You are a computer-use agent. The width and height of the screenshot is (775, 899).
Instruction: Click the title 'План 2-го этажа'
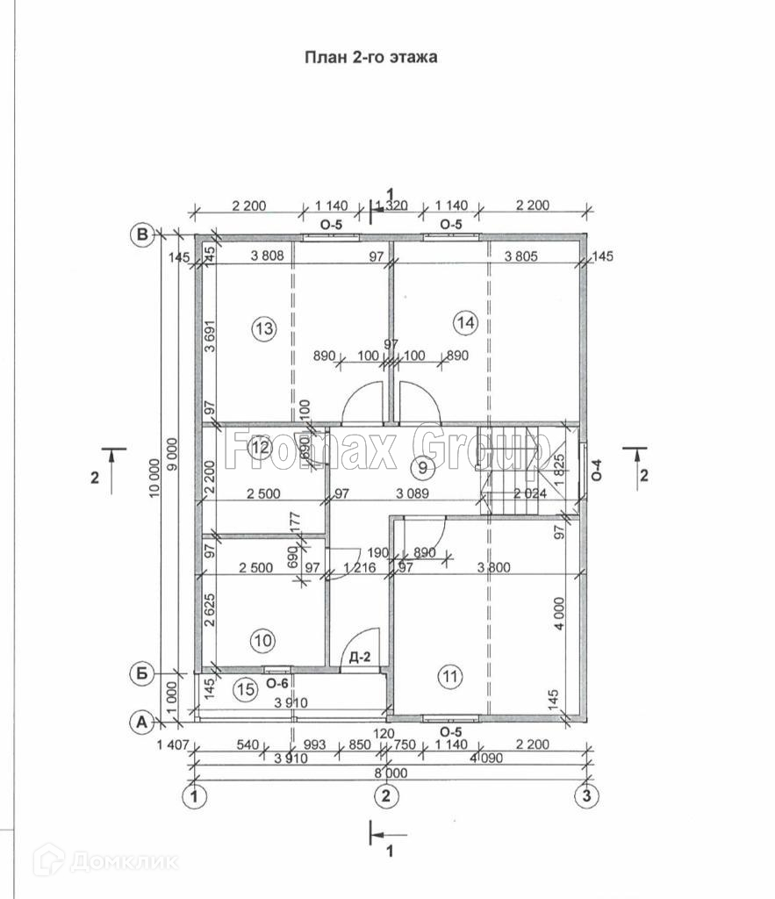[370, 58]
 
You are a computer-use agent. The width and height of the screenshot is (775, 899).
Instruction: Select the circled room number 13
[263, 329]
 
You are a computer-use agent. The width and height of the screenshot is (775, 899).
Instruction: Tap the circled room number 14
[466, 322]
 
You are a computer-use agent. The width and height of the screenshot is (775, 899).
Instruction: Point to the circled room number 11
[449, 676]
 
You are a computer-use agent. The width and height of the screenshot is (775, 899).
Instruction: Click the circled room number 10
[262, 641]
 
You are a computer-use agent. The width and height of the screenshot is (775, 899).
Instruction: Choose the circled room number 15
[248, 690]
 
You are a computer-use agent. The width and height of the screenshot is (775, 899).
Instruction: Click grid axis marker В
[140, 234]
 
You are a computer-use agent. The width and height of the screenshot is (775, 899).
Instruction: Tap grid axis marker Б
[140, 673]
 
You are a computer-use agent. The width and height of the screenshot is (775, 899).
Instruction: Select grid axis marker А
[140, 723]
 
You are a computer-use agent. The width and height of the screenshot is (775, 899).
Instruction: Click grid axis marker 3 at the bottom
[585, 796]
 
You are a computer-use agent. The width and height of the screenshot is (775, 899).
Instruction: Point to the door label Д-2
[358, 658]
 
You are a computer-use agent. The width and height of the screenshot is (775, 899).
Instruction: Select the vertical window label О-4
[598, 470]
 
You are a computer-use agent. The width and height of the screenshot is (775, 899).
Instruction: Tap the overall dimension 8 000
[390, 773]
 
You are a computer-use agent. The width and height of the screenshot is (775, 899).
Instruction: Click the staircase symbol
[513, 470]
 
